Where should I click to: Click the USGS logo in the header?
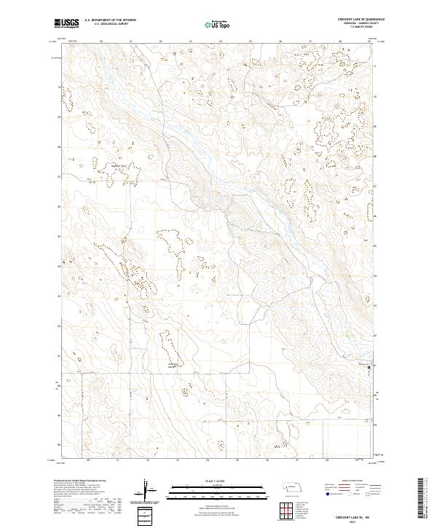click(x=67, y=24)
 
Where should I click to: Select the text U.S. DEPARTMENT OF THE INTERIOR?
click(x=110, y=20)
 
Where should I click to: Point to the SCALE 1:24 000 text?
click(x=208, y=480)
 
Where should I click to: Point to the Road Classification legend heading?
click(x=350, y=481)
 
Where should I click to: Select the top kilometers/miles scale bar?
click(x=208, y=486)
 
